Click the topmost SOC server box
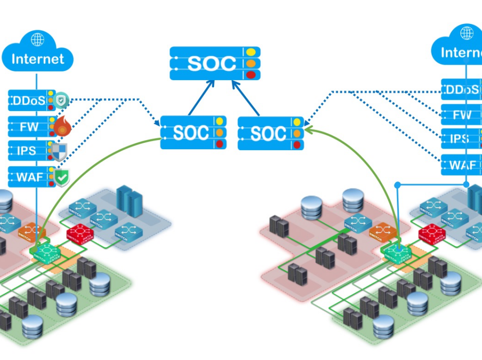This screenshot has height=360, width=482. coord(215,63)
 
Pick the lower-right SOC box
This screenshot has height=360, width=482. coord(270,133)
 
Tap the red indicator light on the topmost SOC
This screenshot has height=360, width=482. coord(251,75)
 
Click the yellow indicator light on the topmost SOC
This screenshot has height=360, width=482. coord(251,52)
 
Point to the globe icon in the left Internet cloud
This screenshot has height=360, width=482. coord(38,40)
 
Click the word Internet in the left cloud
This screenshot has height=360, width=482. coord(38,59)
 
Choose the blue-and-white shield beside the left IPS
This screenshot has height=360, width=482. coord(59,152)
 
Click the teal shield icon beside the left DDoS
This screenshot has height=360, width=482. coord(61,101)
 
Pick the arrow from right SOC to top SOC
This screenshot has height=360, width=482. coord(245,97)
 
